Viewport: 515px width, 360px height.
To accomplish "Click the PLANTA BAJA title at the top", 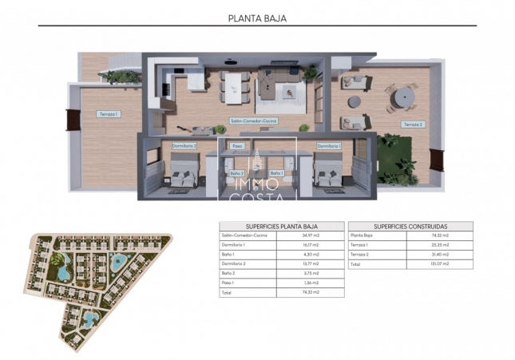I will tap(257, 17).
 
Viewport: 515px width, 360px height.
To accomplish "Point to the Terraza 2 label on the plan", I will tap(413, 125).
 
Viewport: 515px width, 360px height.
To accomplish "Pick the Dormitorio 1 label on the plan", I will tap(328, 146).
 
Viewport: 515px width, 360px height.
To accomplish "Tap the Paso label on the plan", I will tap(236, 146).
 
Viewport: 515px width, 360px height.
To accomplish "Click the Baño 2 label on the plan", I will tap(236, 172).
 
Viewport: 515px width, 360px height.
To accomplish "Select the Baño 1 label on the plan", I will tap(276, 172).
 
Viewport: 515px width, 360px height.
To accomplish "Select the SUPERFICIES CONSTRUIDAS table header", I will tap(410, 226).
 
